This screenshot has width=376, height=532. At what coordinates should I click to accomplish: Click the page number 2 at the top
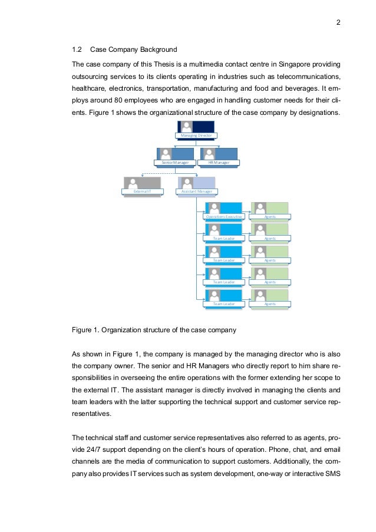339,23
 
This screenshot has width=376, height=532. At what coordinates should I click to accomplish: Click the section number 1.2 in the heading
77,49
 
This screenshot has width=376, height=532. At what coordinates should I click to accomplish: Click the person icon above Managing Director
187,126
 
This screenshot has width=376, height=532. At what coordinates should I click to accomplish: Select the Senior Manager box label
174,163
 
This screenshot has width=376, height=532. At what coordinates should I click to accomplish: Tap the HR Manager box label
219,163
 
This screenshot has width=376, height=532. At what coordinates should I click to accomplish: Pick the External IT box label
141,191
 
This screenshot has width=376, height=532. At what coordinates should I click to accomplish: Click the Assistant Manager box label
197,191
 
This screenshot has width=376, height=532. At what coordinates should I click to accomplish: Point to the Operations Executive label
224,217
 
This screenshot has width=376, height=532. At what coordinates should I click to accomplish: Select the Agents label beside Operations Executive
270,217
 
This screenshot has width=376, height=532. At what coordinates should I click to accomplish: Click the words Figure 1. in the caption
84,331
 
